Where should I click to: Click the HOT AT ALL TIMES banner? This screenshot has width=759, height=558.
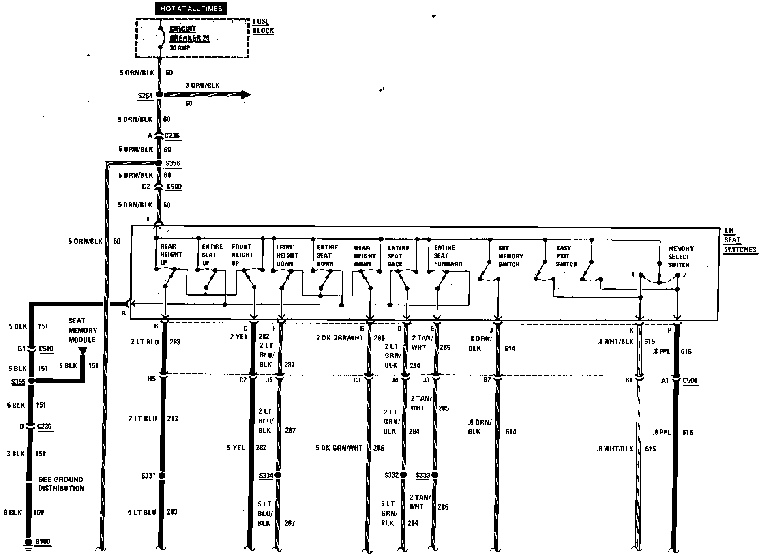191,9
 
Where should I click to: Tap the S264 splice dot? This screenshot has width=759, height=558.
159,94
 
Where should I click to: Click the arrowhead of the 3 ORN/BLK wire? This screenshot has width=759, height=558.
246,94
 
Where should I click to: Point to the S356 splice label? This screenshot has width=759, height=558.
173,163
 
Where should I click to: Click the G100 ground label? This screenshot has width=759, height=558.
43,542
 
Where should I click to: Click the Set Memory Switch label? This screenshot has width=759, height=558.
510,256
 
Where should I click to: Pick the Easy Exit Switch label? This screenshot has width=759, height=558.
566,256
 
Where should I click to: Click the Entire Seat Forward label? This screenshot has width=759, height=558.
448,256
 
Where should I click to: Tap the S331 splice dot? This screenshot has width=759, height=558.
162,475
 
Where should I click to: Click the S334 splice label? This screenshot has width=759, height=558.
266,476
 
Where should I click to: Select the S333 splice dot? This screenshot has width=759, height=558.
435,475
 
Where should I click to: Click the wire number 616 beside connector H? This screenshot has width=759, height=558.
686,352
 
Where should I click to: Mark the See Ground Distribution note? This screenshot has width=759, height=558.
61,484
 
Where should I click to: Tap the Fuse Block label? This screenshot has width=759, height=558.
263,26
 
